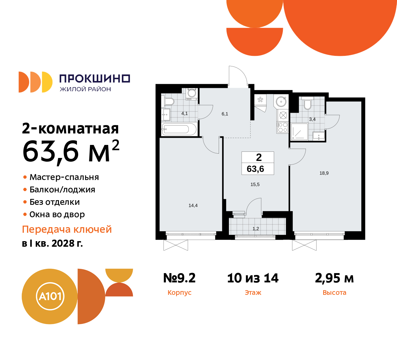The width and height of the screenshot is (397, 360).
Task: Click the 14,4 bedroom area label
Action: click(193, 205)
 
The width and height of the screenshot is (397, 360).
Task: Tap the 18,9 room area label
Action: click(324, 173)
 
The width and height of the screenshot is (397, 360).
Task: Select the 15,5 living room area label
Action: click(255, 184)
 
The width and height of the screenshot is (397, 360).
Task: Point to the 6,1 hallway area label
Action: click(225, 114)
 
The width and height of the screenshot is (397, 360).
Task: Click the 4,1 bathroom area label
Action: click(185, 114)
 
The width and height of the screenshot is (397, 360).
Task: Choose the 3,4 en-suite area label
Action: click(312, 119)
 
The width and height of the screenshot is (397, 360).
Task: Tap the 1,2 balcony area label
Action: click(256, 229)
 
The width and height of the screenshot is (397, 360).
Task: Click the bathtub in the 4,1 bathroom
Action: click(179, 129)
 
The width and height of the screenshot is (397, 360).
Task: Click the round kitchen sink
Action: click(281, 101)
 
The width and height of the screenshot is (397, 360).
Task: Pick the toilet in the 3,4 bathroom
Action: click(307, 104)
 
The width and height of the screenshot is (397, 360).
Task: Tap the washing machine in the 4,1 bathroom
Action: click(192, 93)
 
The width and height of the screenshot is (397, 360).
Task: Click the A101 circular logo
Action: click(50, 296)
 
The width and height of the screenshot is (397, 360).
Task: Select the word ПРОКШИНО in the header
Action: click(95, 79)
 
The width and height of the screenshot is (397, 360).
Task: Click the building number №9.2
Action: click(180, 278)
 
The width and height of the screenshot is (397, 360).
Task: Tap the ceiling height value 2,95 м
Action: click(334, 278)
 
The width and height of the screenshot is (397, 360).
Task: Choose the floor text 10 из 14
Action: click(253, 278)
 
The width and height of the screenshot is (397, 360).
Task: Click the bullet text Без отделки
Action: click(55, 202)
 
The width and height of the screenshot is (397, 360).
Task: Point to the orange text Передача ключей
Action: click(67, 229)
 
